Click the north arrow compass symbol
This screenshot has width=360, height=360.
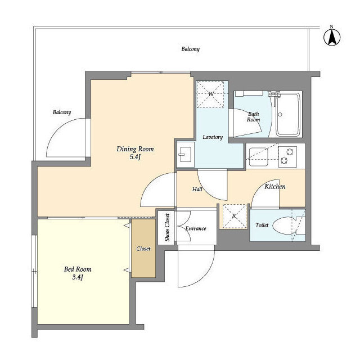[332, 36]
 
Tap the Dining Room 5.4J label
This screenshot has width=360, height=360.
[135, 153]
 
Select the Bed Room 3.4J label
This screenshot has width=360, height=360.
[78, 273]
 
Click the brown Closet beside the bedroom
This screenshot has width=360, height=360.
[143, 249]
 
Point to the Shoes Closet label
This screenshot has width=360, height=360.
[167, 227]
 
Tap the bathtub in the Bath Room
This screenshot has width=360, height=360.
[288, 115]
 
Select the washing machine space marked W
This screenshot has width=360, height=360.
[210, 94]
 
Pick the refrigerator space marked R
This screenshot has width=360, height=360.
[234, 216]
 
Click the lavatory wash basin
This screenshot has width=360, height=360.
[186, 154]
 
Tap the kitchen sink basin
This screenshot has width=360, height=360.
[259, 157]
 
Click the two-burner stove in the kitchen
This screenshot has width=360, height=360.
[287, 156]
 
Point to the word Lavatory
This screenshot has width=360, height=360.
[213, 137]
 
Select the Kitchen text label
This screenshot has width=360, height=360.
[275, 186]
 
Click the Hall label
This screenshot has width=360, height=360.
[197, 189]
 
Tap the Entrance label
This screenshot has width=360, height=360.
[196, 228]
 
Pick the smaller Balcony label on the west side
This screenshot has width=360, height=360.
[62, 112]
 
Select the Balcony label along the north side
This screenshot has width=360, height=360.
[190, 49]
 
